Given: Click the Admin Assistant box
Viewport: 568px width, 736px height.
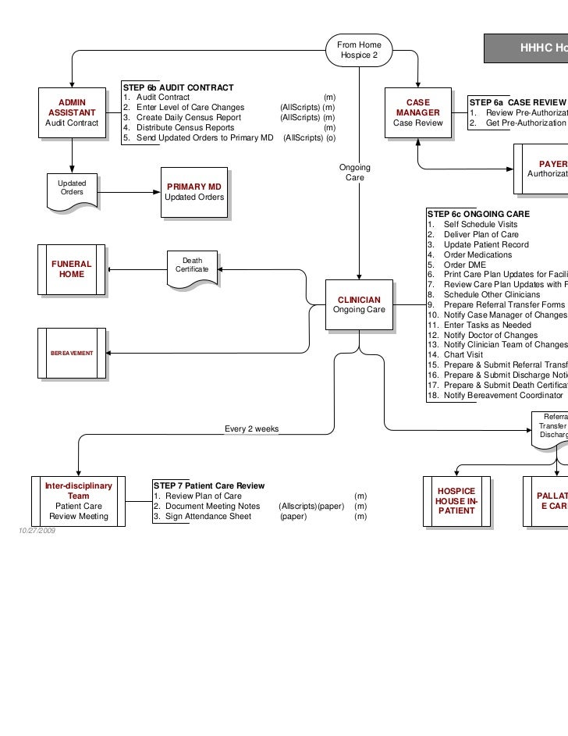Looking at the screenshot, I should pos(73,112).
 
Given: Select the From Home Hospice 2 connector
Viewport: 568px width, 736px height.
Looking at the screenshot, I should pos(359,52).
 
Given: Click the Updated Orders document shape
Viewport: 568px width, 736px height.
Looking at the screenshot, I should pos(73,190).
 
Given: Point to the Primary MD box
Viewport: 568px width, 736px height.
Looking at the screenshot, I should pos(194,192).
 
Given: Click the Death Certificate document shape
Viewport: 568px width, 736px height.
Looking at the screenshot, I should pos(192,267).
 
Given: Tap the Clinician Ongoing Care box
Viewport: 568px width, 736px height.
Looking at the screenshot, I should pos(359,304).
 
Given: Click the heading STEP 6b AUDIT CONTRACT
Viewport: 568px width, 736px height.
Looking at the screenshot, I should pos(178,87).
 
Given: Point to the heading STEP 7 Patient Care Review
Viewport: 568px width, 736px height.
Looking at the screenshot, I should pos(209,486).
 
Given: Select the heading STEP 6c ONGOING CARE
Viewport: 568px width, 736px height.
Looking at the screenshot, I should pos(478,214).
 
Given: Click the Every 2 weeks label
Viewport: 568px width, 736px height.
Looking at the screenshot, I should pos(251,429).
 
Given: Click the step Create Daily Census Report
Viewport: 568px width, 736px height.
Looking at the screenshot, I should pos(189,117).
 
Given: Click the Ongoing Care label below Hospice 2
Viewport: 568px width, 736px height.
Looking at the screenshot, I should pos(355,173).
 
